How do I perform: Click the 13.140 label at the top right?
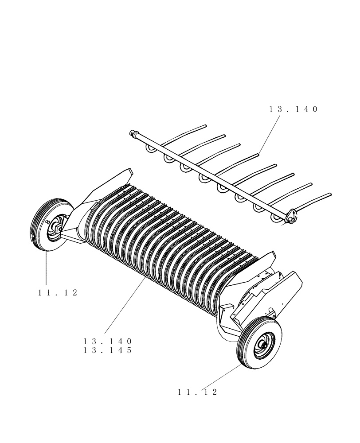[293, 109]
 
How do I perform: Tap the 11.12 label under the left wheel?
[58, 293]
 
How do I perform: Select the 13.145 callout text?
[108, 350]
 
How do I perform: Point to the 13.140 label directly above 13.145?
[108, 342]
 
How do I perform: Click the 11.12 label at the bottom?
[198, 392]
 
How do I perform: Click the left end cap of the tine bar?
[132, 132]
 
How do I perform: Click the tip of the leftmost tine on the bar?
[205, 126]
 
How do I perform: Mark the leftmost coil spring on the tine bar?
[150, 150]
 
